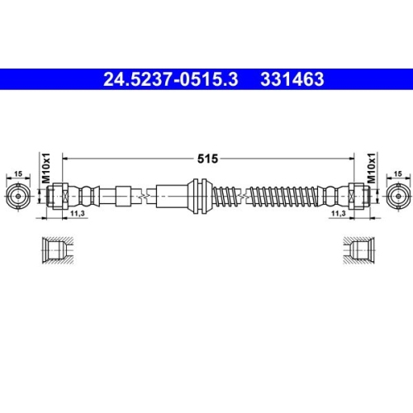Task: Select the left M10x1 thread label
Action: [46, 169]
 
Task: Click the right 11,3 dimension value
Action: [337, 214]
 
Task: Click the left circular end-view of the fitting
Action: [18, 197]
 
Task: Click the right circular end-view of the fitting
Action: [396, 197]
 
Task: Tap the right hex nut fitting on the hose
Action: [358, 197]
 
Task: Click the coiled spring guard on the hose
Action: [273, 197]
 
